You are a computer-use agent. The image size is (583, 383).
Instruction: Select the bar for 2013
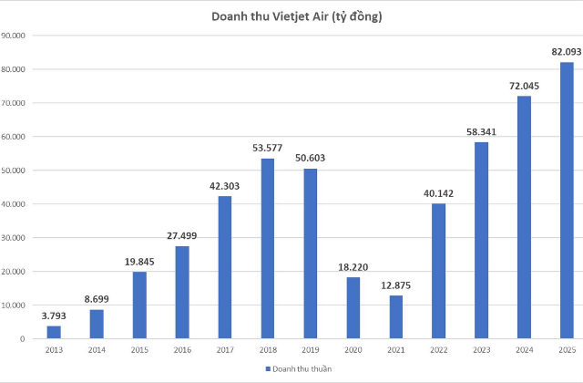pyautogui.click(x=53, y=332)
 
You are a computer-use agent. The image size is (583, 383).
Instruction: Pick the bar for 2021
pyautogui.click(x=395, y=316)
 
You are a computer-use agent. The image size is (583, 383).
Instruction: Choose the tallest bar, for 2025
pyautogui.click(x=567, y=200)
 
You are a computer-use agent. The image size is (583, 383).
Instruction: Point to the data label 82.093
pyautogui.click(x=567, y=51)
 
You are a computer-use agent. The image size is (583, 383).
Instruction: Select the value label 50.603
pyautogui.click(x=310, y=158)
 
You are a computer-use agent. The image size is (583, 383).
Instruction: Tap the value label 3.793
pyautogui.click(x=53, y=316)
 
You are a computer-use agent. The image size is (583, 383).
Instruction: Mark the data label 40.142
pyautogui.click(x=438, y=192)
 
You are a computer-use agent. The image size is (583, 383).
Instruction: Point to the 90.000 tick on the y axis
pyautogui.click(x=17, y=36)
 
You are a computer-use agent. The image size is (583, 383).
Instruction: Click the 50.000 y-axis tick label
pyautogui.click(x=17, y=171)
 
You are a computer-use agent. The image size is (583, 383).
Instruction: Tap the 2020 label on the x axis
pyautogui.click(x=353, y=349)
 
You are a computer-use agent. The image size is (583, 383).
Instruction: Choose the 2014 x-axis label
pyautogui.click(x=96, y=349)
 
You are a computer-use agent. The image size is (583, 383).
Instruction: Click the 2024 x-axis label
pyautogui.click(x=524, y=349)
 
